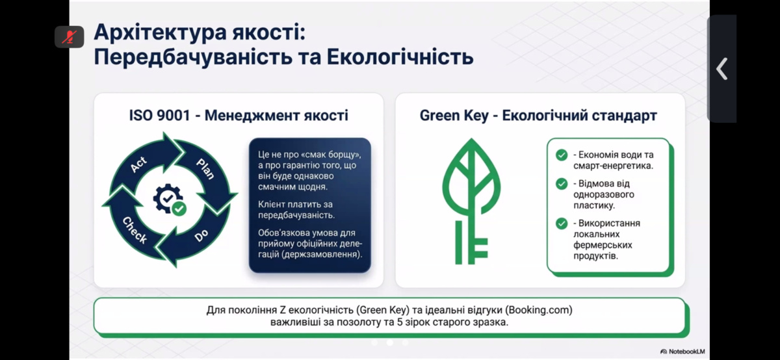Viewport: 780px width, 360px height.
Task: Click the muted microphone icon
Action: (70, 36)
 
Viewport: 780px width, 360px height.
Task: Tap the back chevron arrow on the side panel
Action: (722, 69)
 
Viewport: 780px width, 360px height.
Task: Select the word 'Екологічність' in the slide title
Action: (400, 58)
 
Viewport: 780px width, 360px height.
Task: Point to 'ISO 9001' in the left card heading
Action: (159, 115)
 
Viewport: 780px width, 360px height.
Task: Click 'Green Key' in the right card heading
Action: (454, 116)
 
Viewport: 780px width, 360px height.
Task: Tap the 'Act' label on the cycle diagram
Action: (138, 164)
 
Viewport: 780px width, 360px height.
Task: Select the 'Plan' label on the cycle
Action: (205, 169)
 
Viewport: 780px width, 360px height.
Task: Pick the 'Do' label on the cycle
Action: (201, 236)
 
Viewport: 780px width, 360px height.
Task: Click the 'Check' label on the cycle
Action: (135, 230)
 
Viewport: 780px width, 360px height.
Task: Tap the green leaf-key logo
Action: (471, 201)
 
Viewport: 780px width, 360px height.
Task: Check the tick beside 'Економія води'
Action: (562, 155)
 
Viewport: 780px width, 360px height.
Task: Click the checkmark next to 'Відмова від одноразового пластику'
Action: (562, 184)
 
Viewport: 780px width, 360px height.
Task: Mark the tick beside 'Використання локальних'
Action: (562, 224)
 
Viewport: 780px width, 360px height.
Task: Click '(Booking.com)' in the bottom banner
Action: (539, 310)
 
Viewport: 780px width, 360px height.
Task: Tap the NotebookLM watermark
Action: (682, 352)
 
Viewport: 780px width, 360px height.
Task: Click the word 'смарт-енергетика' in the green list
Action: (613, 166)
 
